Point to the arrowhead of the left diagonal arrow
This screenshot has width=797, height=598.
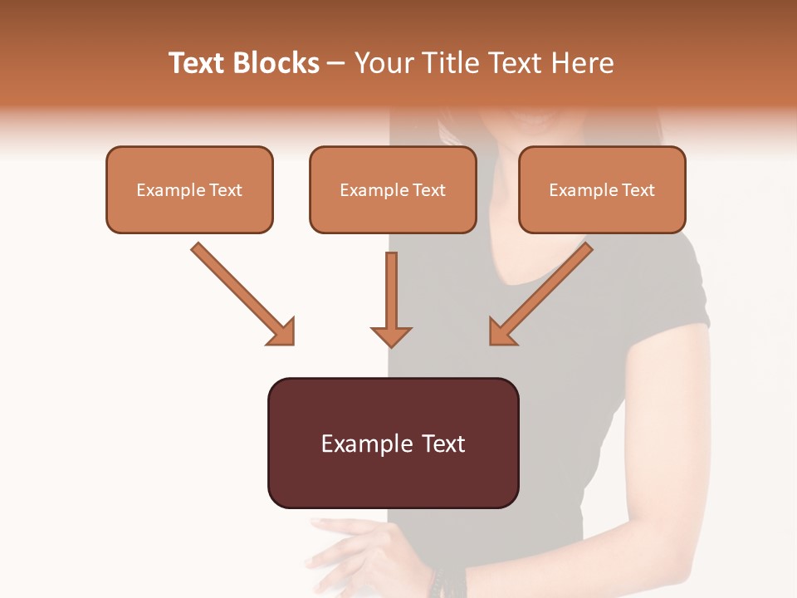pyautogui.click(x=282, y=331)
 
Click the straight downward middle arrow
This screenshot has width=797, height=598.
pyautogui.click(x=391, y=299)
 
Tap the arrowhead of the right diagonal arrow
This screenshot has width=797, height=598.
pyautogui.click(x=502, y=331)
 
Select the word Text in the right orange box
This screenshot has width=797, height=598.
pyautogui.click(x=638, y=190)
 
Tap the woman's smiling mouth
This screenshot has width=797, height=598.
pyautogui.click(x=531, y=120)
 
